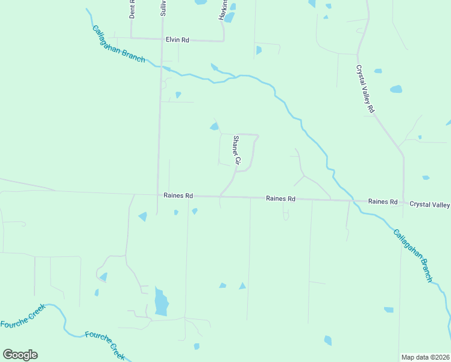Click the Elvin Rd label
177,40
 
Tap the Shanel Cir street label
236,151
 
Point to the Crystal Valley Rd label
365,89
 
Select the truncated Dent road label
131,10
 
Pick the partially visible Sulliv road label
163,8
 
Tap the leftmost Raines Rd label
178,195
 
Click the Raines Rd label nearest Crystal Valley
383,202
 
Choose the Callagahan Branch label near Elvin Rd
119,44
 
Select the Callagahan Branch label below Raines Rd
413,255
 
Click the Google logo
20,355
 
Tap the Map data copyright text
425,357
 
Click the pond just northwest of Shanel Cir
214,126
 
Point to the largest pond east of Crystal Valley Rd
396,89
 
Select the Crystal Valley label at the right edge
429,205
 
